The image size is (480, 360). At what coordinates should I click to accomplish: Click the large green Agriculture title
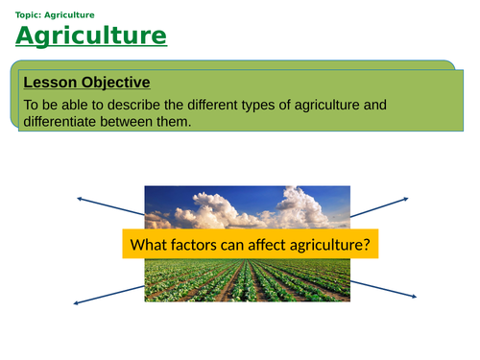pyautogui.click(x=91, y=36)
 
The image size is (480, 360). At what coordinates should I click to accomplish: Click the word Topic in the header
pyautogui.click(x=30, y=13)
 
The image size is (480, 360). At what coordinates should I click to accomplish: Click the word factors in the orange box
pyautogui.click(x=195, y=246)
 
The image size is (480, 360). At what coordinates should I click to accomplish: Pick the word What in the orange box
pyautogui.click(x=149, y=246)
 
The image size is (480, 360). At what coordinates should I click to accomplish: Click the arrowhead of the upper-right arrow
pyautogui.click(x=414, y=197)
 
